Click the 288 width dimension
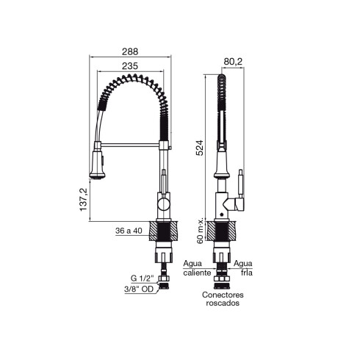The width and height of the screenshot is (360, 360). [129, 52]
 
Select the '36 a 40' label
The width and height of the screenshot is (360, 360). [129, 231]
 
